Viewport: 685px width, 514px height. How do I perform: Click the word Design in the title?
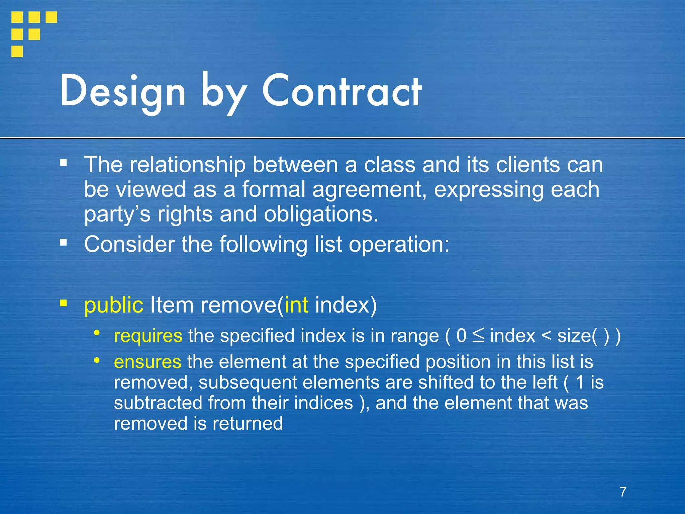point(122,91)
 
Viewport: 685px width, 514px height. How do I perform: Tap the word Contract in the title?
point(341,91)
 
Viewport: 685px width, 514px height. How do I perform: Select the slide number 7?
point(623,492)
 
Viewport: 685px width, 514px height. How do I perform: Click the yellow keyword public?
point(114,305)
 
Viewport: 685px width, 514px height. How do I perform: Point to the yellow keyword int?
point(296,305)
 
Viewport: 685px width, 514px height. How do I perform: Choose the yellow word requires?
point(148,336)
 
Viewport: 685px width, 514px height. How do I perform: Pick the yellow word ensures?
point(148,362)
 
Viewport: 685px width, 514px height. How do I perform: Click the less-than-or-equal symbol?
point(478,336)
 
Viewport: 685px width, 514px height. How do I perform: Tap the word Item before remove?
point(172,305)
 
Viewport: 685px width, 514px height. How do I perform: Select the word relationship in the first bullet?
point(188,165)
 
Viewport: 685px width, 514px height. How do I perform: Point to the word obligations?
point(321,214)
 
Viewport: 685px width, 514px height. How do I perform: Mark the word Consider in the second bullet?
point(129,244)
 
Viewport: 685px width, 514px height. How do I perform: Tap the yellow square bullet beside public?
point(63,303)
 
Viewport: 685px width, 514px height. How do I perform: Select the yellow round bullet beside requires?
point(97,333)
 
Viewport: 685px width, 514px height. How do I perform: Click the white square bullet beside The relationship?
point(63,163)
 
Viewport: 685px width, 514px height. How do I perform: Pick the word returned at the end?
point(248,423)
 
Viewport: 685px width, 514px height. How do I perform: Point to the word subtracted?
point(158,403)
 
